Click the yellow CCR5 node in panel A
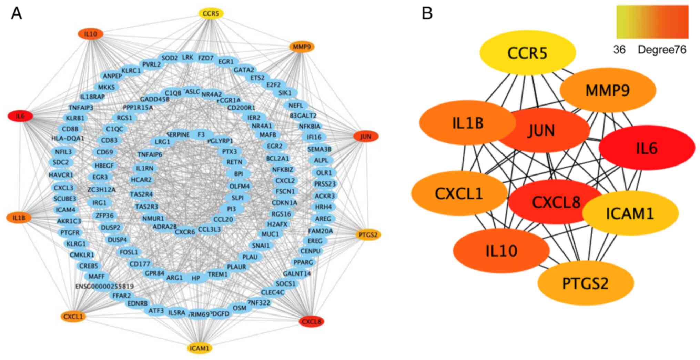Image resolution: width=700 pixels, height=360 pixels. click(211, 13)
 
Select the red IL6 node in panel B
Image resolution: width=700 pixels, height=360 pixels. click(647, 148)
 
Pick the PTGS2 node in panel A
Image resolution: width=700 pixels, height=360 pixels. click(368, 235)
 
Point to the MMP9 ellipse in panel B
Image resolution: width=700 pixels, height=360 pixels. click(608, 90)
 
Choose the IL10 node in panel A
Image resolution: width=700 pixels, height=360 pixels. click(91, 34)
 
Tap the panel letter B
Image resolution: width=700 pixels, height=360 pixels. click(427, 13)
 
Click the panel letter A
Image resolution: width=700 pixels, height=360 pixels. click(16, 13)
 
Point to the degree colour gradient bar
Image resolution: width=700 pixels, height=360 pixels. click(652, 21)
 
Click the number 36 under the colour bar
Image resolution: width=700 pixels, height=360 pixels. click(619, 50)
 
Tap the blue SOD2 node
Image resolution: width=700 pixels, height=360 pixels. click(170, 58)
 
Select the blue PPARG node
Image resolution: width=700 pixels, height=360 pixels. click(303, 262)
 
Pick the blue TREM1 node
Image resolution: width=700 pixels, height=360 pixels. click(217, 274)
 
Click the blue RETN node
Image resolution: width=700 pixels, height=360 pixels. click(234, 162)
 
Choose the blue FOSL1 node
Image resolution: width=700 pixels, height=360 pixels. click(129, 252)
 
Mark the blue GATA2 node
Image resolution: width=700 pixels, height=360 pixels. click(244, 70)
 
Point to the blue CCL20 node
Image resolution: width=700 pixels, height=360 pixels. click(223, 219)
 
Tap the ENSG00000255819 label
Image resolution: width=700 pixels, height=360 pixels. click(104, 286)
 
